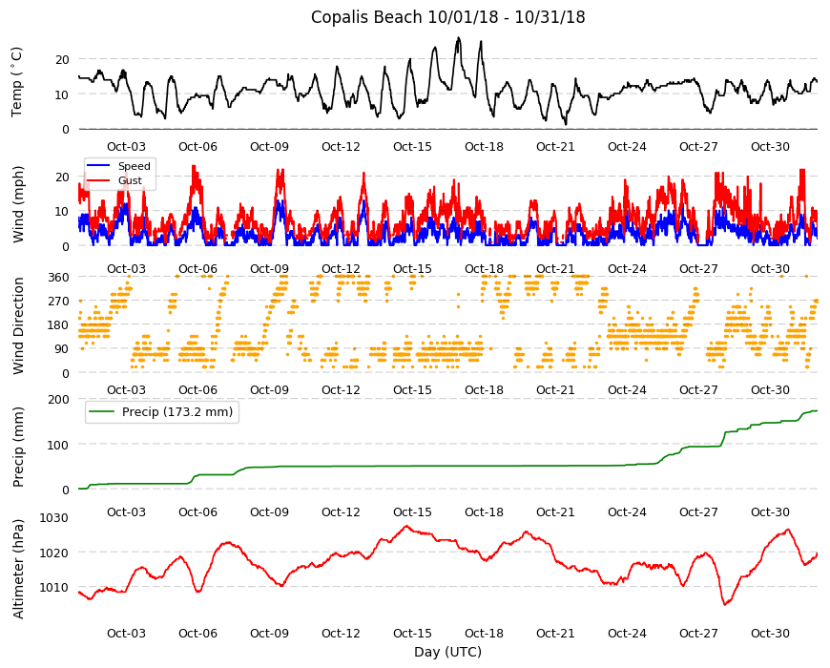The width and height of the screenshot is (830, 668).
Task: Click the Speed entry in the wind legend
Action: pyautogui.click(x=134, y=166)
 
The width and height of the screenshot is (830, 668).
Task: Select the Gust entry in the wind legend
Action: pyautogui.click(x=130, y=180)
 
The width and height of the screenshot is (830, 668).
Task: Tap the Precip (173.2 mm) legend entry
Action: pyautogui.click(x=177, y=412)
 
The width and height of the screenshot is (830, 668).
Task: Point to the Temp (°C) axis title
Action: pyautogui.click(x=17, y=81)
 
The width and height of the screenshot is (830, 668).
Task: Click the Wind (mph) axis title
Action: pyautogui.click(x=18, y=205)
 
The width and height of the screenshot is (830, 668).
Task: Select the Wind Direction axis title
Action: pyautogui.click(x=18, y=326)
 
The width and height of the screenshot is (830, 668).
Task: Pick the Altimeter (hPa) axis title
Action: pyautogui.click(x=18, y=569)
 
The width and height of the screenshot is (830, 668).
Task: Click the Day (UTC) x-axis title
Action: pyautogui.click(x=447, y=652)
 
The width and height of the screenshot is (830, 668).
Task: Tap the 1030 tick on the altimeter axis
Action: pyautogui.click(x=54, y=517)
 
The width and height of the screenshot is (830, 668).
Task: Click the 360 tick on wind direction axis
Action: pyautogui.click(x=58, y=277)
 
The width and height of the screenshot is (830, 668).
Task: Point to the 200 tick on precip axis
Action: pyautogui.click(x=58, y=399)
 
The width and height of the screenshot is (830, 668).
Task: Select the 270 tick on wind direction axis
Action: pyautogui.click(x=58, y=302)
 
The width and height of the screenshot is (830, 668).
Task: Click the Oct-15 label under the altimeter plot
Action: pyautogui.click(x=412, y=633)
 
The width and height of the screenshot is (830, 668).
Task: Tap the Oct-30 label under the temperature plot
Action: pyautogui.click(x=770, y=147)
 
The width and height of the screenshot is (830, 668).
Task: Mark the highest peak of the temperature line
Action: pyautogui.click(x=458, y=37)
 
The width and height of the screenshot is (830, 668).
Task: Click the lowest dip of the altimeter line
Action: pyautogui.click(x=725, y=604)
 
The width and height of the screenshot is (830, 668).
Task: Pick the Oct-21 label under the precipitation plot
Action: pyautogui.click(x=555, y=511)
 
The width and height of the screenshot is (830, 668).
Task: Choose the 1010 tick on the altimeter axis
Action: pyautogui.click(x=54, y=587)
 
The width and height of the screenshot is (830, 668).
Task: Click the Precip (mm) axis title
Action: pyautogui.click(x=18, y=448)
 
